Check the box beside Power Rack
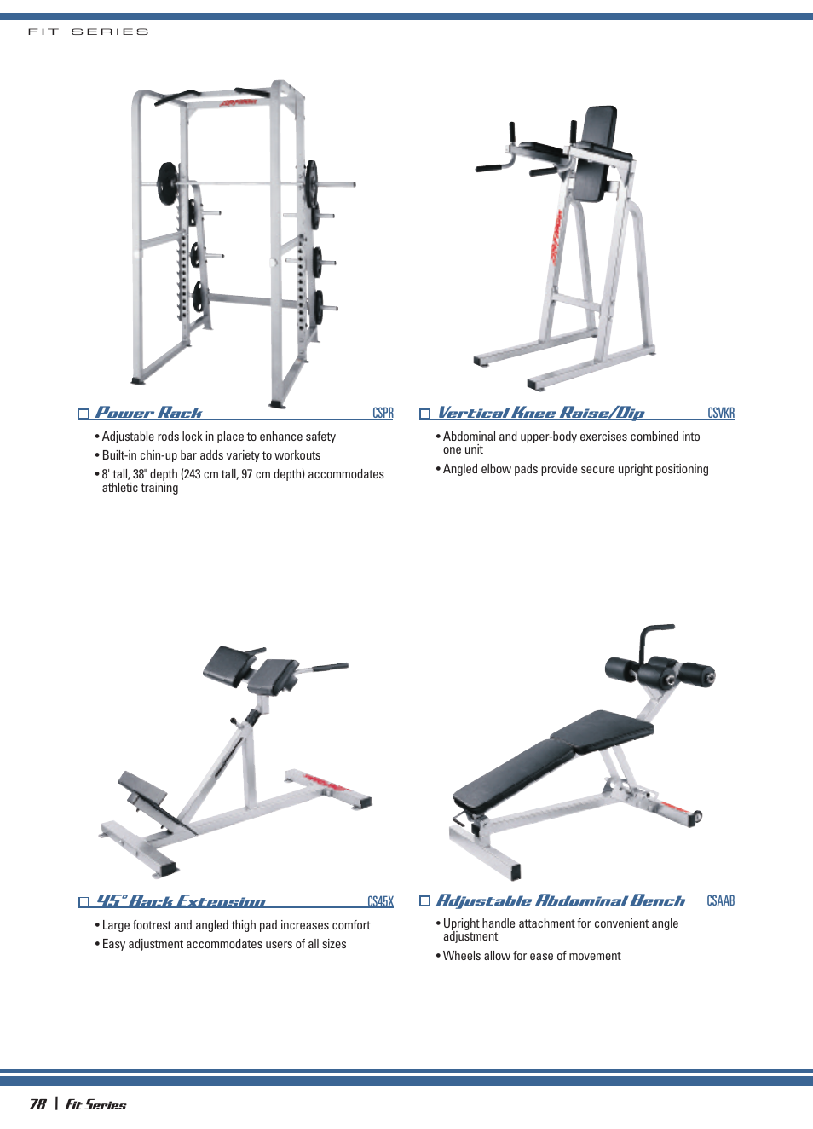(84, 414)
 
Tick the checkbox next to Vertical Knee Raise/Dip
(424, 414)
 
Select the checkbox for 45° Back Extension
(84, 901)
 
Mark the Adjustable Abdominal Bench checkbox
(424, 900)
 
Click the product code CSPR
(383, 413)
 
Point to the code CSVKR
(721, 413)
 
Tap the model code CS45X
(380, 901)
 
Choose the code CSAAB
(721, 900)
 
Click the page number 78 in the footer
(37, 1104)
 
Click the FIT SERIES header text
(88, 32)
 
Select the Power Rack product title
(148, 412)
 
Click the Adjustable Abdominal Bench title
(560, 900)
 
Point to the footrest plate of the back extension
(142, 788)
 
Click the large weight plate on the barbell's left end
(167, 184)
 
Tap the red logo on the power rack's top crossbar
(238, 103)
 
